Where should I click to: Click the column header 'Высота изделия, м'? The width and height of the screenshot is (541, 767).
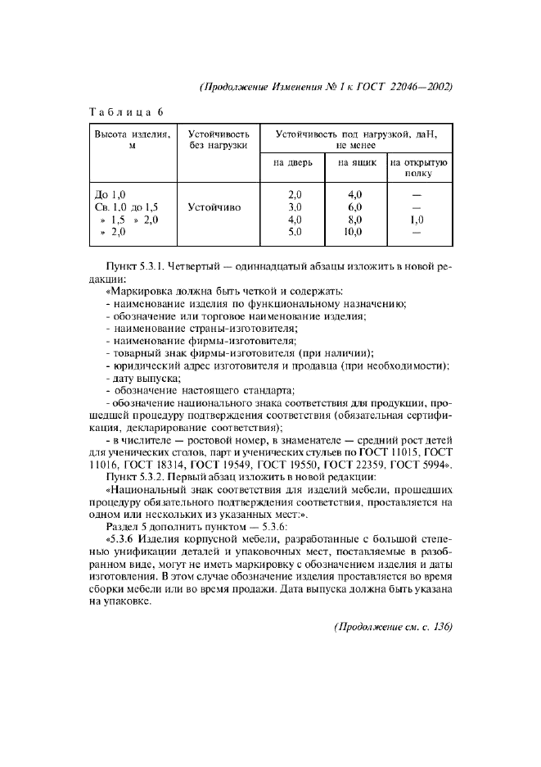tap(132, 138)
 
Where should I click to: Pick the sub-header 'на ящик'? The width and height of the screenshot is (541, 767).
tap(357, 162)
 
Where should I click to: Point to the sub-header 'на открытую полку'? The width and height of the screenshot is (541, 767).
tap(418, 168)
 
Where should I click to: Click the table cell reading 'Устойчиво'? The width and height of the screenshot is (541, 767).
tap(214, 208)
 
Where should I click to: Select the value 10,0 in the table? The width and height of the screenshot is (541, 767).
tap(354, 233)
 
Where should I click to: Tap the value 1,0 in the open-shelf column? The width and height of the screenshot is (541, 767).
tap(417, 220)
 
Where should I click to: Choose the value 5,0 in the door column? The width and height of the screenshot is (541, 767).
tap(295, 233)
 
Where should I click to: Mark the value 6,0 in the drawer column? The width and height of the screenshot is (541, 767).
tap(355, 208)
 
